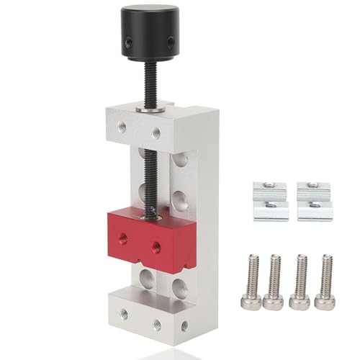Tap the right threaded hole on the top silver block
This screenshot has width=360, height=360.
[156, 132]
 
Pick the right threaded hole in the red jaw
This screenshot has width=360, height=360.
[156, 246]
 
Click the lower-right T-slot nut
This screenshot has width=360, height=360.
[314, 210]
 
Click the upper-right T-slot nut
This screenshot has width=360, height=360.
[314, 191]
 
